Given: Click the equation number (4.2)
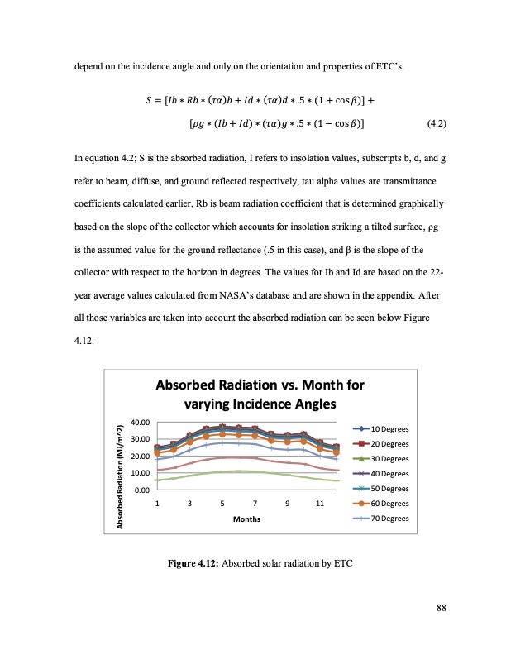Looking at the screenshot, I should pos(436,124).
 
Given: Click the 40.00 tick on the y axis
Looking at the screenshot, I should pos(140,423).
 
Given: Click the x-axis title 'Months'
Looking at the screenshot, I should pos(246,519).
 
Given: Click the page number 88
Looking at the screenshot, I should pos(442,609).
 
